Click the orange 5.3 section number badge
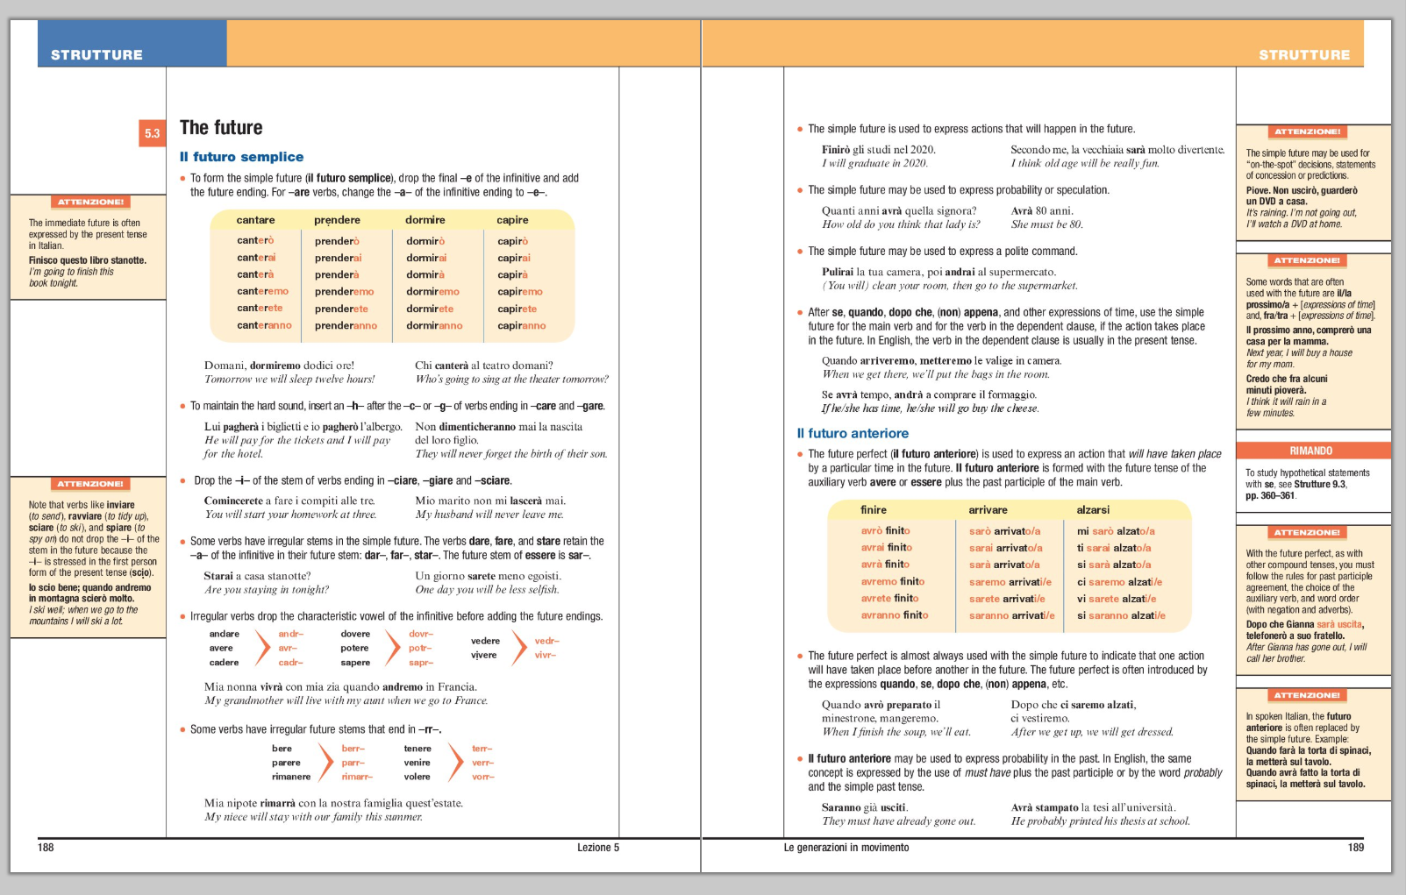152,133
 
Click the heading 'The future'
221,128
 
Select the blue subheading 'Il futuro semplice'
241,157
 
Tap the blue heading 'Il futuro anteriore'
853,433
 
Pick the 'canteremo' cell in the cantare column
262,292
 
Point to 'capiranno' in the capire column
521,326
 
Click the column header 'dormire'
425,220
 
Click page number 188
46,848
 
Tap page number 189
1355,848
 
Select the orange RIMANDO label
1310,451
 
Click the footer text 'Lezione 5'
597,848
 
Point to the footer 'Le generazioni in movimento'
846,848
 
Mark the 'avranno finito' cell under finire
894,615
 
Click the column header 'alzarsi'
1093,510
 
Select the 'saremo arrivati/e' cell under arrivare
1010,582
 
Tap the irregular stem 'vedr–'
546,641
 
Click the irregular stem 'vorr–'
483,777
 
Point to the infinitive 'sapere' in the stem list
355,663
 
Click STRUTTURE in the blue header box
96,54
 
